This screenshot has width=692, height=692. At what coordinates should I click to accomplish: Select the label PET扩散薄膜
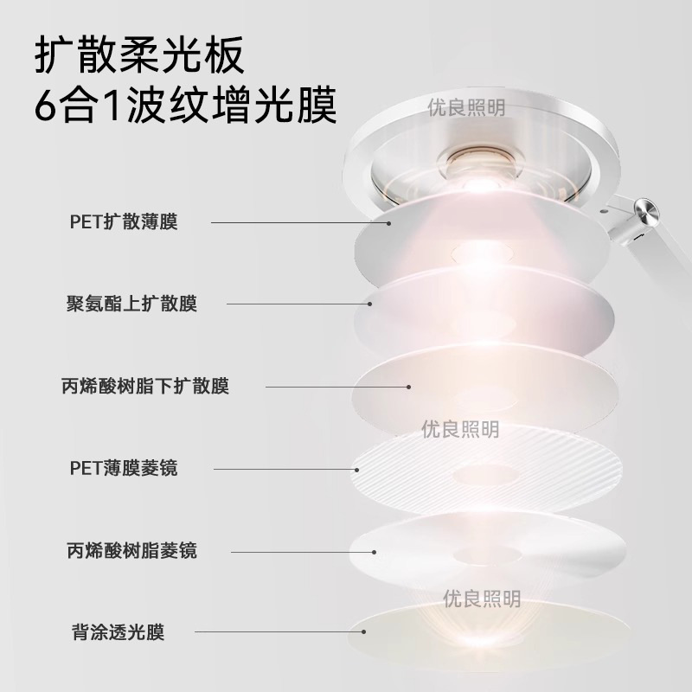pos(123,222)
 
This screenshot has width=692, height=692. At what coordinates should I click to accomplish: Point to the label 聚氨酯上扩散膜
pos(131,304)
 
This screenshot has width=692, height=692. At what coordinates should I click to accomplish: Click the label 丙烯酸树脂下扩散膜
pos(145,386)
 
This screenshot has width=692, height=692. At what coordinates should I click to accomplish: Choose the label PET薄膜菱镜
pos(124,468)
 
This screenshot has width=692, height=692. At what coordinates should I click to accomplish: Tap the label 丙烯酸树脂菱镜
pos(131,550)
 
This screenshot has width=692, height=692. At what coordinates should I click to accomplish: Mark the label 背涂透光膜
pos(119,632)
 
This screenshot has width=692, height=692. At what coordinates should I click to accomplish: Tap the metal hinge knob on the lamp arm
pos(644,210)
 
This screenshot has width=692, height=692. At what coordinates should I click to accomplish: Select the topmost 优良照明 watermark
pos(467,108)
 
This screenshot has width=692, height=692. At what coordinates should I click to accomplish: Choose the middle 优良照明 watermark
pos(460,430)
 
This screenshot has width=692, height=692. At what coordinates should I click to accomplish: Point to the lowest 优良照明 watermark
pos(482,599)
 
